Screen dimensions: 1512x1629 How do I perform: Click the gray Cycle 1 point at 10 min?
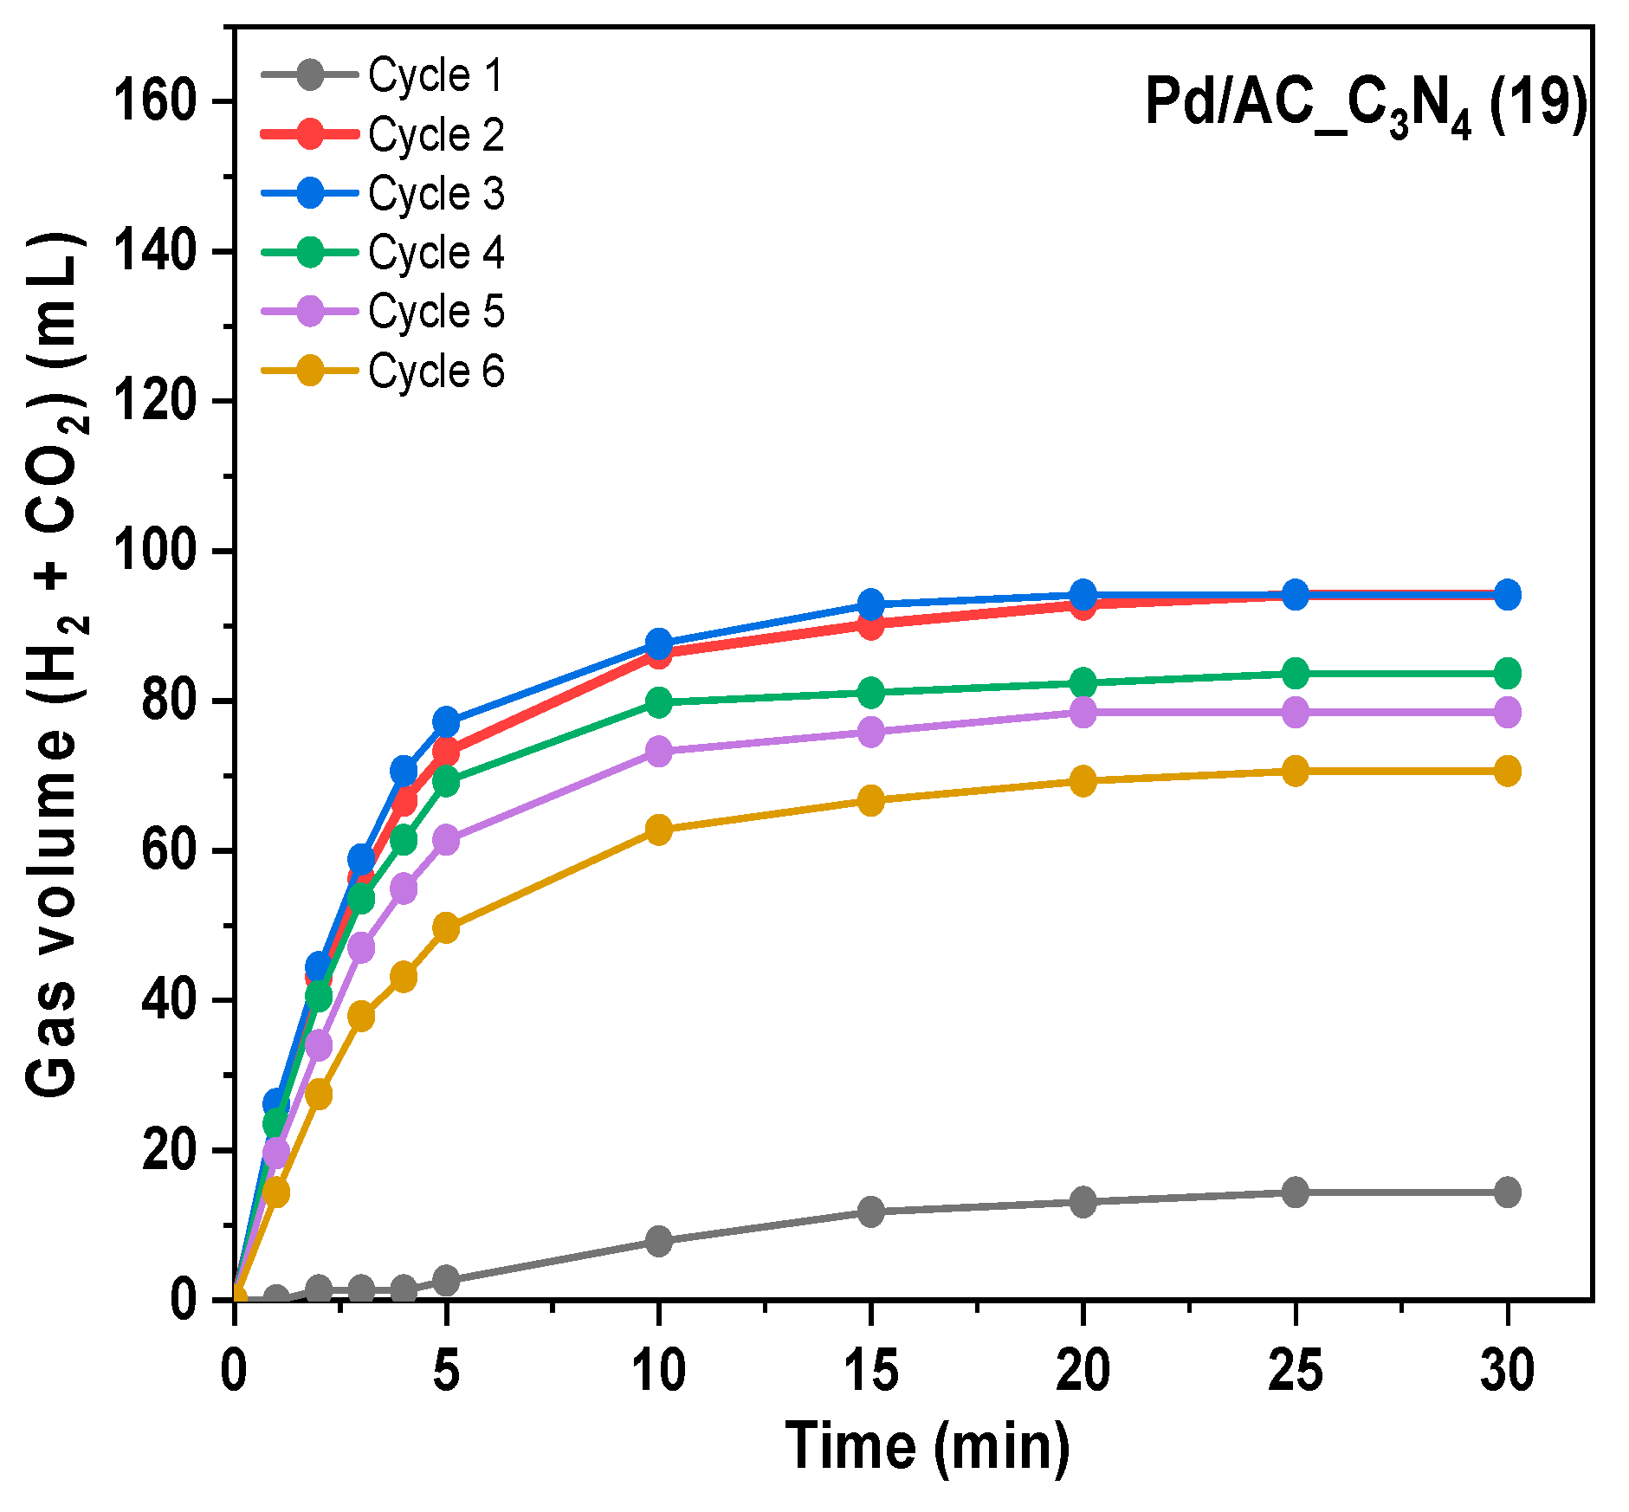(x=659, y=1241)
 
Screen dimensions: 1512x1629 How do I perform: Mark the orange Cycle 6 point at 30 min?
(x=1508, y=771)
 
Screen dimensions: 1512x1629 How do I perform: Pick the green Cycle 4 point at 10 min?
(x=659, y=701)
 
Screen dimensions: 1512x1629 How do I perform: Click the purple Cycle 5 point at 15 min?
(x=871, y=732)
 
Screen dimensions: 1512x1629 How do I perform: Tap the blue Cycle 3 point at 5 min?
(x=446, y=720)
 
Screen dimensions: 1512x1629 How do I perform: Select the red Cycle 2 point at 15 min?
(x=871, y=624)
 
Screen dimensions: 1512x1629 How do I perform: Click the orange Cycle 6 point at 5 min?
(x=446, y=928)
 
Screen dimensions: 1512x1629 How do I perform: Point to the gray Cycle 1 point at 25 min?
(x=1296, y=1192)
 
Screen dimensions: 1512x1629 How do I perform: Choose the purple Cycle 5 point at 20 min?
(x=1083, y=712)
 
